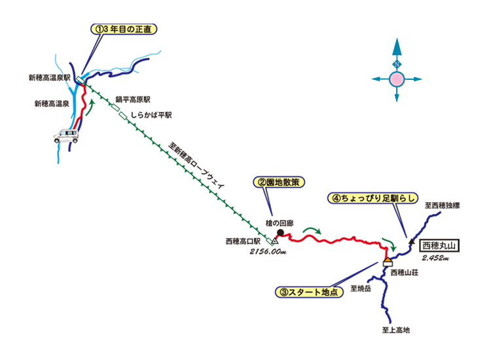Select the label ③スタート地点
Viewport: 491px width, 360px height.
coord(309,293)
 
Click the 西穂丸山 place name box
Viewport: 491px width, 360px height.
coord(438,246)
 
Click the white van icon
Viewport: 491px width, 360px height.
coord(65,137)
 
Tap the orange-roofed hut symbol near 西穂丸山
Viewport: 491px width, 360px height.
coord(388,262)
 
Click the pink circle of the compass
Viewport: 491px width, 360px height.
coord(397,80)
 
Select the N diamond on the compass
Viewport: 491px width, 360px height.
coord(397,65)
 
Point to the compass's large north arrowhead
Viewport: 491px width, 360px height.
coord(397,48)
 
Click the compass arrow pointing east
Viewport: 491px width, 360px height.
coord(417,80)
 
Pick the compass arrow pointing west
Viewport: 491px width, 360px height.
coord(377,80)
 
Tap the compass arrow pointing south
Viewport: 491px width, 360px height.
coord(397,97)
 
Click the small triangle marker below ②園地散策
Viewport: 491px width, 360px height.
coord(275,242)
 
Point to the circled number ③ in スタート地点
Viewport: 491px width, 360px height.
coord(283,293)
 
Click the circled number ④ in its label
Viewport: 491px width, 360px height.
coord(335,198)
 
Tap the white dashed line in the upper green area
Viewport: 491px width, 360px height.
coord(120,111)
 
